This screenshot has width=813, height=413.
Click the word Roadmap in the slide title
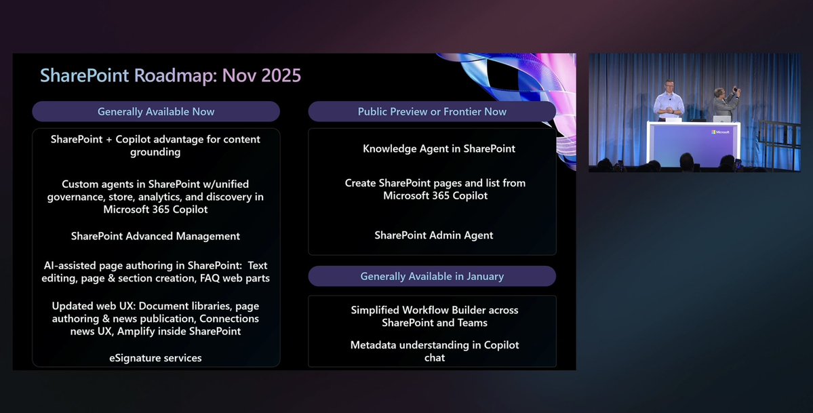coord(174,75)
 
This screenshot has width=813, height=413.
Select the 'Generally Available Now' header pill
coord(156,111)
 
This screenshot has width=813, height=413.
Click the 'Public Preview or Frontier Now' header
coord(432,111)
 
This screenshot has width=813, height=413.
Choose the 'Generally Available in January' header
coord(432,276)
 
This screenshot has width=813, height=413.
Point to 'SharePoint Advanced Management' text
coord(155,236)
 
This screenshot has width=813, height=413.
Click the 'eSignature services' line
coord(155,357)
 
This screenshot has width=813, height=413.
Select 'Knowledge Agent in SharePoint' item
coord(439,149)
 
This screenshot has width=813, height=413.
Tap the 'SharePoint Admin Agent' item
coord(433,235)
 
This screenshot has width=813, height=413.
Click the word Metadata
coord(376,345)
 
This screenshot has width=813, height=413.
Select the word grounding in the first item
coord(155,152)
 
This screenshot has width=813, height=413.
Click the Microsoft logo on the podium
coord(719,132)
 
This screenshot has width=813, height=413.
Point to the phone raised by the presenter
coord(736,90)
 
